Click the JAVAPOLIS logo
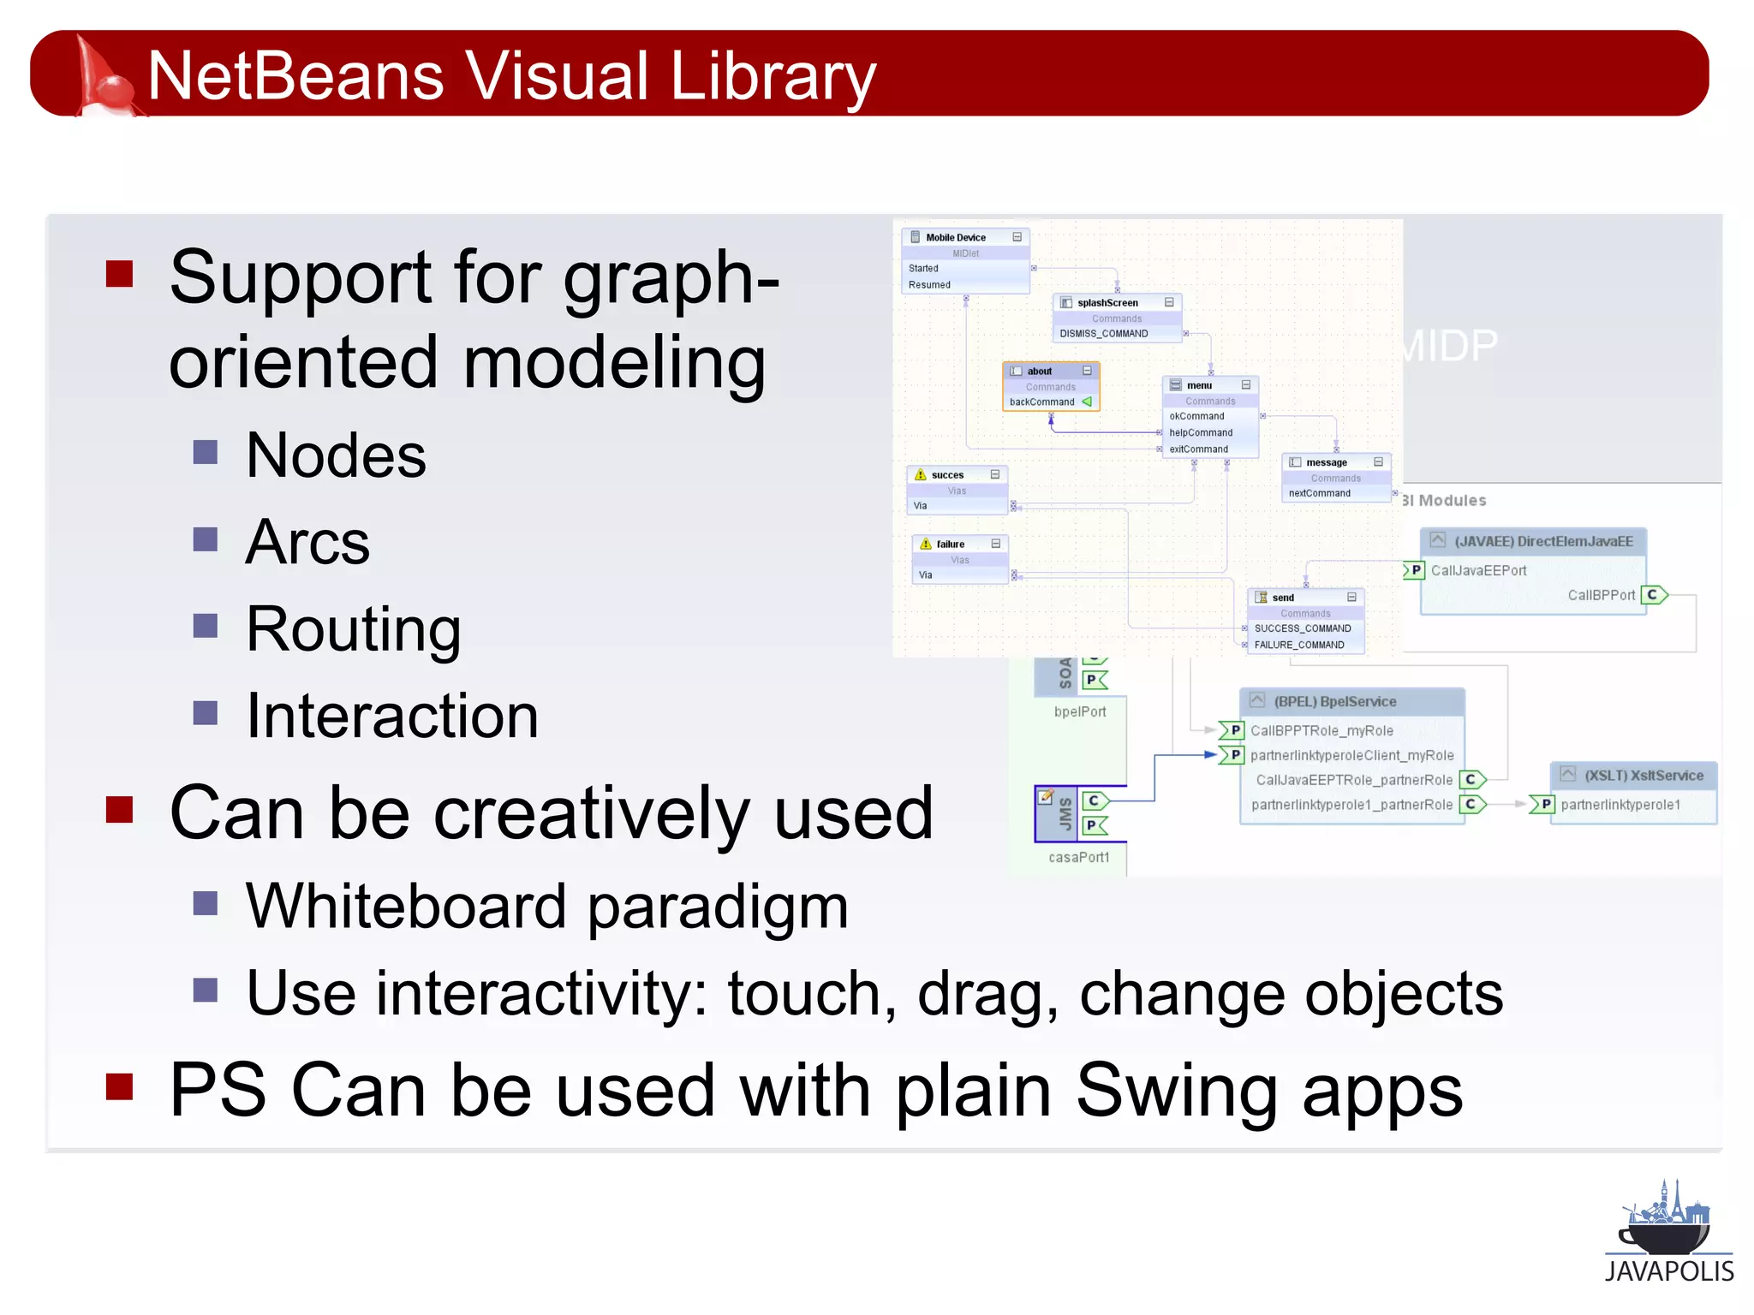(x=1668, y=1233)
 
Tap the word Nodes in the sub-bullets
(x=336, y=455)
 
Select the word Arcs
(x=307, y=543)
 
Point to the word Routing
(x=353, y=630)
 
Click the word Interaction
(x=392, y=717)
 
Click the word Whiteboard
(x=405, y=907)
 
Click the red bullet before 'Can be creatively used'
(x=119, y=809)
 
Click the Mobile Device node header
(x=956, y=238)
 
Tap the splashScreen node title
(x=1107, y=303)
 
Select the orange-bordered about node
(x=1050, y=386)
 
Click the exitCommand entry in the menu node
(x=1198, y=449)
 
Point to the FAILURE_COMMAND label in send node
(x=1298, y=646)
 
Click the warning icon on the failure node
(x=925, y=544)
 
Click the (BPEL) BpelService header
(x=1334, y=702)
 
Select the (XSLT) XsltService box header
(x=1643, y=776)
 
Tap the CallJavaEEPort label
(x=1478, y=571)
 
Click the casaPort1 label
(x=1078, y=858)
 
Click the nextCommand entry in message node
(x=1319, y=494)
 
